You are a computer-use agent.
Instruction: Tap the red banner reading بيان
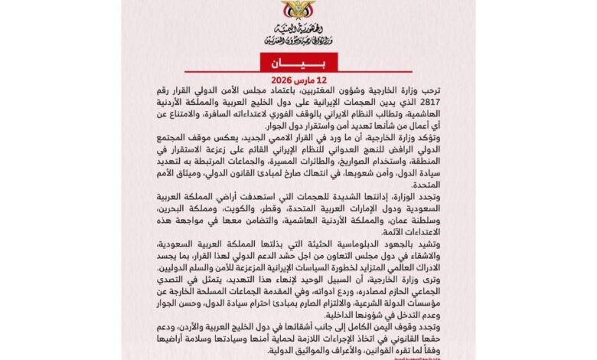pyautogui.click(x=298, y=63)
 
